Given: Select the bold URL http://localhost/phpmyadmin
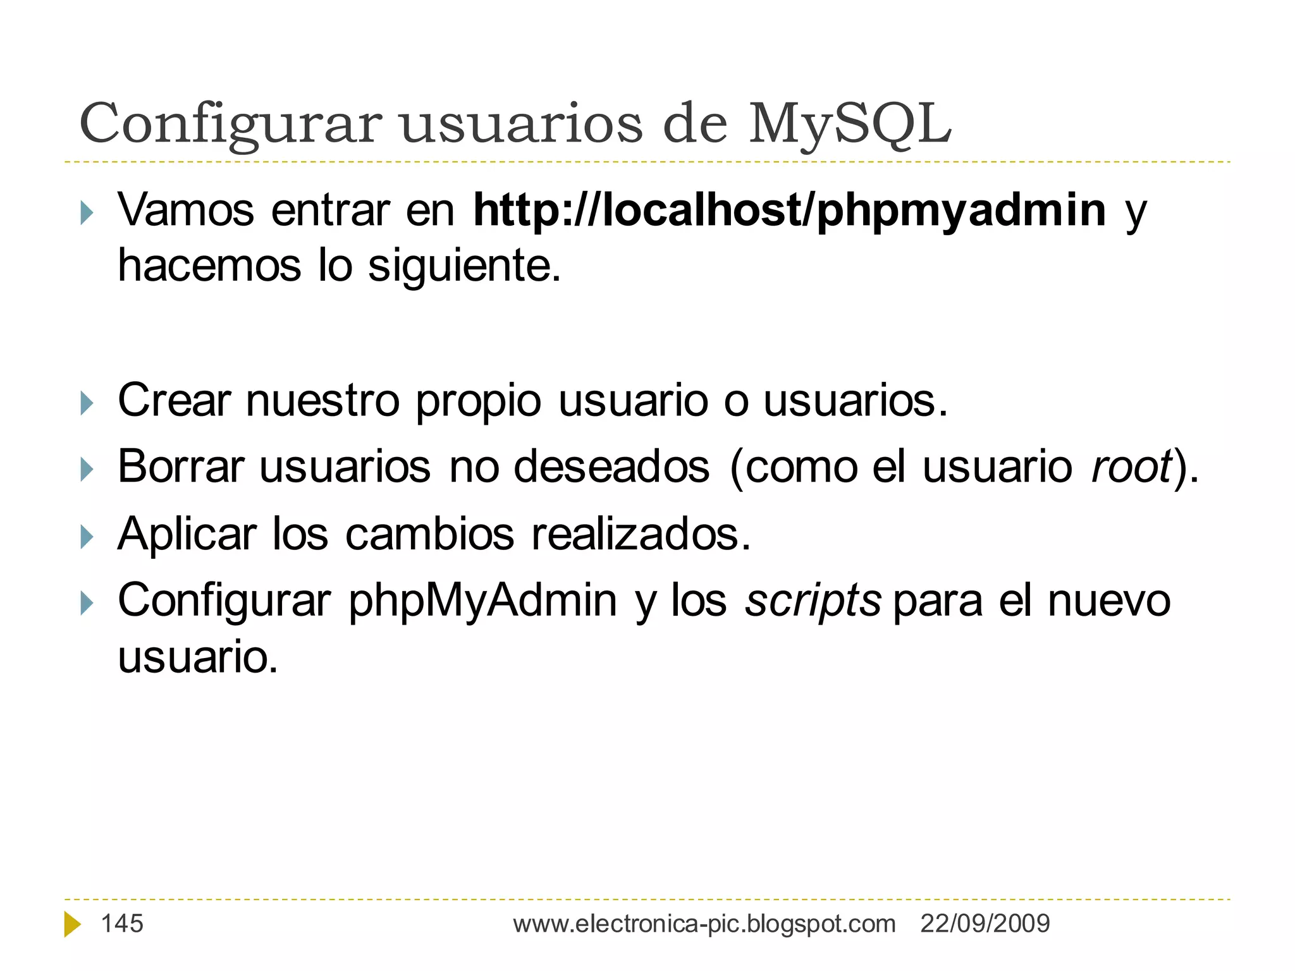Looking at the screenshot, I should click(790, 211).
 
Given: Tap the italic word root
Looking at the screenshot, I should click(1131, 467).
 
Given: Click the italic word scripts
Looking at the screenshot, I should click(813, 600).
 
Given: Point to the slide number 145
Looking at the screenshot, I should click(122, 924).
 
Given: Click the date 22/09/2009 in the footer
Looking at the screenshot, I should click(985, 924).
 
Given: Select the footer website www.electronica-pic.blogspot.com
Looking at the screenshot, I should click(704, 924).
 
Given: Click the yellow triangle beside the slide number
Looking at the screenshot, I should click(72, 924).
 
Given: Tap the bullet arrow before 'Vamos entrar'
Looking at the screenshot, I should click(87, 213).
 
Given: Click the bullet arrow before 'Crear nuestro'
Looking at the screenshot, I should click(87, 403).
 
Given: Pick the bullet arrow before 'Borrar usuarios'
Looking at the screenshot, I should click(87, 470).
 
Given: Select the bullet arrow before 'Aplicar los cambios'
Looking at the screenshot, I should click(87, 537).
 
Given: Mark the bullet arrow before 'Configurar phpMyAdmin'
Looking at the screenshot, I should click(87, 603).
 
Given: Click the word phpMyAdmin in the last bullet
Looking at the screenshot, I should click(482, 601).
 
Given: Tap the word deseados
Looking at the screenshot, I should click(611, 467).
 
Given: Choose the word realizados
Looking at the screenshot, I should click(641, 535).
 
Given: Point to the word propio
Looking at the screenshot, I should click(478, 402).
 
